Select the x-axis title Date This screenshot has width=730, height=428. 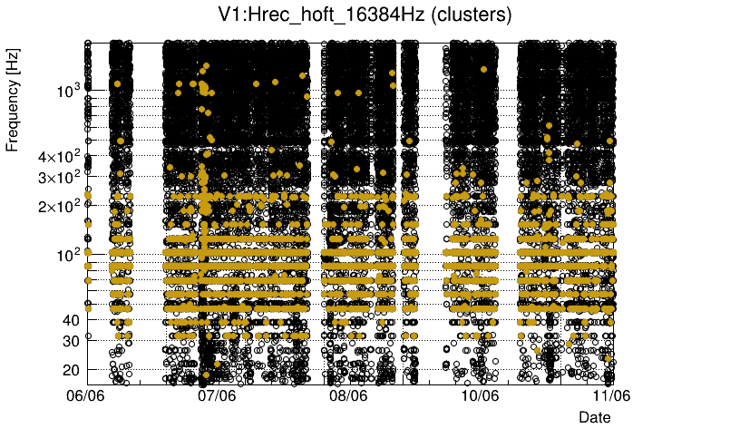[595, 416]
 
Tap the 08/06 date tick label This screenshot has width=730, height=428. [349, 395]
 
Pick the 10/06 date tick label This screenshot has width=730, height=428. [480, 395]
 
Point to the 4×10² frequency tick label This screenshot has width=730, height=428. [58, 156]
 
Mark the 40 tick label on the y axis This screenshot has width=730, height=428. [72, 319]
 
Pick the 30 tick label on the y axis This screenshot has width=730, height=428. [72, 340]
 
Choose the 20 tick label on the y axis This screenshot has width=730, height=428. [72, 369]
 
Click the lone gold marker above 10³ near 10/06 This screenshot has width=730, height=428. [484, 69]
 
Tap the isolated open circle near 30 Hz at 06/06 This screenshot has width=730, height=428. [88, 336]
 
